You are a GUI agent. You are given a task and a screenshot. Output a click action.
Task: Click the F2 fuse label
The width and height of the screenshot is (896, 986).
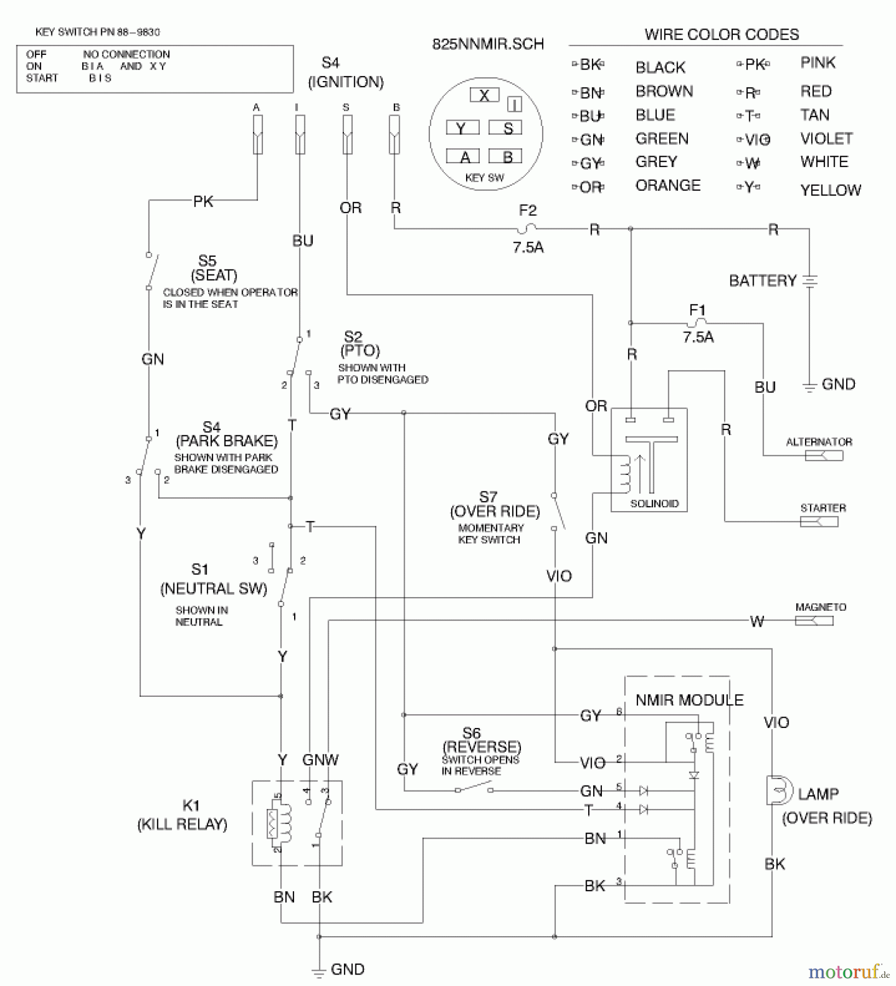coord(527,210)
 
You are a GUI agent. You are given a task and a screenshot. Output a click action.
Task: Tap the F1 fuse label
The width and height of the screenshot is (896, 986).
coord(697,310)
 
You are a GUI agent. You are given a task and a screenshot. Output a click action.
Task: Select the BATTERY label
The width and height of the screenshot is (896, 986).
coord(762,281)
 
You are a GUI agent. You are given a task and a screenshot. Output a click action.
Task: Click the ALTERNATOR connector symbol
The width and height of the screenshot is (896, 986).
coord(824,456)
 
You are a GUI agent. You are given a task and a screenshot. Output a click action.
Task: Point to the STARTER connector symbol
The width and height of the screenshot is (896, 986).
coord(819,521)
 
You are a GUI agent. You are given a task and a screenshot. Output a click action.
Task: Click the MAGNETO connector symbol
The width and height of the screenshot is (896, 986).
coord(814,621)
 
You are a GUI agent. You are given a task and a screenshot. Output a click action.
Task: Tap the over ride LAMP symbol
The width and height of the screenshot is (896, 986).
coord(778,790)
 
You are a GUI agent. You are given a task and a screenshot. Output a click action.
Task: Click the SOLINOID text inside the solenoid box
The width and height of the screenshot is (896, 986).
coord(654,503)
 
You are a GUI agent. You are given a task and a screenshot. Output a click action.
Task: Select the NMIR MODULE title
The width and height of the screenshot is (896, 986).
coord(689,700)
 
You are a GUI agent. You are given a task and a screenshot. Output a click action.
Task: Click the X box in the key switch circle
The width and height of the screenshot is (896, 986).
coord(484,95)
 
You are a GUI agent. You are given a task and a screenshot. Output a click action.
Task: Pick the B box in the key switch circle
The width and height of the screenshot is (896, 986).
coord(507,157)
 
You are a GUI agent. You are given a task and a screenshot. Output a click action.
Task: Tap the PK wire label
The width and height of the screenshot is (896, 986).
coord(203,202)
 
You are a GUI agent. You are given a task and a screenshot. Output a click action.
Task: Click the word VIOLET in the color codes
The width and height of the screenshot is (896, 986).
coord(826,139)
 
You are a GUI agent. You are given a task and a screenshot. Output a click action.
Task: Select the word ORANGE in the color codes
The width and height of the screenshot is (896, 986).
coord(668,186)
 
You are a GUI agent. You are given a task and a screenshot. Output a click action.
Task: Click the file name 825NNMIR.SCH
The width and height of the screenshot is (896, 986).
coord(488,44)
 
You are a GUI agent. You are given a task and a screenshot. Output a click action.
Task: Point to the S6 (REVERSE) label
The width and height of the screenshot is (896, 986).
coord(481,740)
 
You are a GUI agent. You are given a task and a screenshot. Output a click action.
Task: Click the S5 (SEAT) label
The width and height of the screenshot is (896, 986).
coord(213,268)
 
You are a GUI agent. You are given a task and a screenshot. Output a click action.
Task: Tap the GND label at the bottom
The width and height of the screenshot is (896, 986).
coord(347,969)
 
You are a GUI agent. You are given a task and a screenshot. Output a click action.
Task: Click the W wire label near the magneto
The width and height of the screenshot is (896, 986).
coord(757,621)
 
